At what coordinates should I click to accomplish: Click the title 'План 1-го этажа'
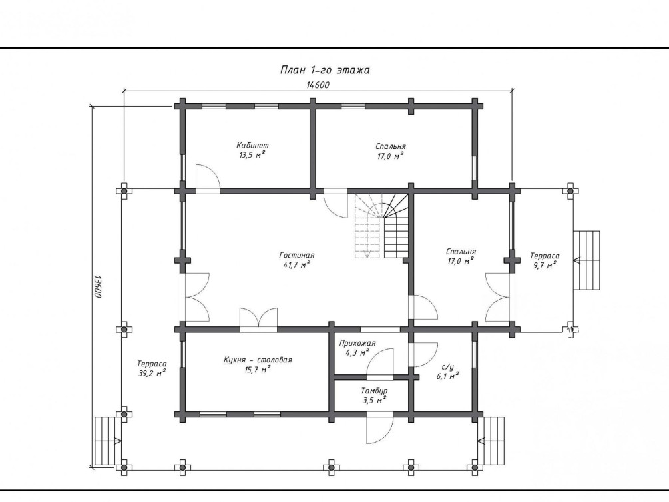point(325,70)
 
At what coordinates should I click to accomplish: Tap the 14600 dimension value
point(318,85)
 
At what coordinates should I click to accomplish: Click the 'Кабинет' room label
point(252,146)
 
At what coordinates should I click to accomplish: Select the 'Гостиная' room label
point(296,255)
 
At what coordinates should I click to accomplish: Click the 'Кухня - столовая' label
point(258,360)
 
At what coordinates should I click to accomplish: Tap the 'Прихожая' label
point(357,343)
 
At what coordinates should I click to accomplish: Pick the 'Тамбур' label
point(374,391)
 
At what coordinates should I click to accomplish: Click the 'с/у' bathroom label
point(447,367)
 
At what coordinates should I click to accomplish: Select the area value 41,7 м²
point(296,265)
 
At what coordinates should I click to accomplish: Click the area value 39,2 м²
point(152,373)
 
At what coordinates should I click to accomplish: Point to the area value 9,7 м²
point(545,266)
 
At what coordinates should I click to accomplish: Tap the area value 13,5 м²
point(252,155)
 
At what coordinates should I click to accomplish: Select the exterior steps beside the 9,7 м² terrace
point(586,260)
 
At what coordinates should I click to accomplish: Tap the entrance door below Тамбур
point(379,428)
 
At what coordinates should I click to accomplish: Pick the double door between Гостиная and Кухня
point(258,320)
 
